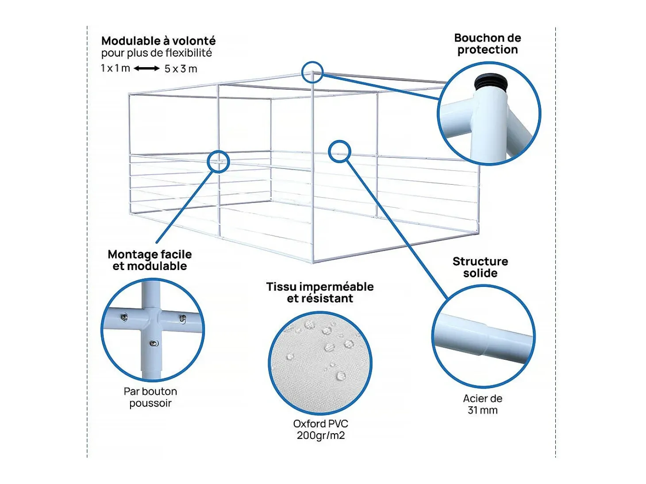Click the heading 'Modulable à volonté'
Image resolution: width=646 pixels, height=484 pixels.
pos(158,41)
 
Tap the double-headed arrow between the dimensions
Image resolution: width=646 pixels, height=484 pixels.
pos(146,69)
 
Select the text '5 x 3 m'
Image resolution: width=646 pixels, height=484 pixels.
pos(181,69)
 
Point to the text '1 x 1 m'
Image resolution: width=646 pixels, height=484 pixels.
pos(115,69)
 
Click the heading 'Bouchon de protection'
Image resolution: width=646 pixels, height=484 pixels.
pos(487,44)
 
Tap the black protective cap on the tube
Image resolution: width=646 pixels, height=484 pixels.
pos(491,81)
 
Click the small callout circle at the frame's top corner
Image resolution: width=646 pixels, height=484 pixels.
pos(312,72)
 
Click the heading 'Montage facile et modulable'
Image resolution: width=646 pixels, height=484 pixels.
pos(150,260)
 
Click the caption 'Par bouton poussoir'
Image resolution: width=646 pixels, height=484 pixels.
pos(150,397)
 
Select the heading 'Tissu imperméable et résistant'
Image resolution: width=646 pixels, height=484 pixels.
pos(320,293)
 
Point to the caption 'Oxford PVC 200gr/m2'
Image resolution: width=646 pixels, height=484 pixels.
pos(320,429)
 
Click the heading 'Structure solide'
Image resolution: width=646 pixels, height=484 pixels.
pos(481,267)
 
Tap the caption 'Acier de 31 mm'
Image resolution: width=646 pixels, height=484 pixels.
pos(483,404)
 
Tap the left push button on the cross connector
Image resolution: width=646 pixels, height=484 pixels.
pos(124,317)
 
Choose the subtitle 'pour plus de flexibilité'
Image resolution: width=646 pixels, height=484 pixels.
pos(157,53)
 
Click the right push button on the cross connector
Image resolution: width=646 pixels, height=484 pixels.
pos(182,318)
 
